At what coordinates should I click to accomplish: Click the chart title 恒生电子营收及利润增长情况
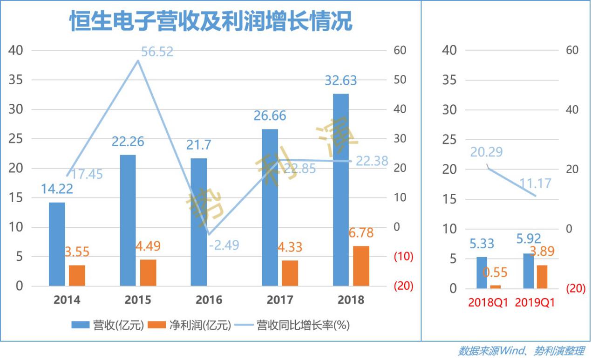coord(211,22)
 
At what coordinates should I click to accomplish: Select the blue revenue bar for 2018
coord(340,190)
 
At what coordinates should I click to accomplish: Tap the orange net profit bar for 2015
coord(148,272)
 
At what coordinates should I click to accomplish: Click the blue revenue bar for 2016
coord(199,222)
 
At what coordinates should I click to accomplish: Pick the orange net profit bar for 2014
coord(77,275)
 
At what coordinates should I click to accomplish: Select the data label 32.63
coord(341,81)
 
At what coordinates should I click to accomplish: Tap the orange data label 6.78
coord(361,232)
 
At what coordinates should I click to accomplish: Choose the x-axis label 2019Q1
coord(535,303)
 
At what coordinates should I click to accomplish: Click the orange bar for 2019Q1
coord(542,277)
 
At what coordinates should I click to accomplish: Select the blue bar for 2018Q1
coord(481,272)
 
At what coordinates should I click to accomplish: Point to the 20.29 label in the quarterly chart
coord(486,152)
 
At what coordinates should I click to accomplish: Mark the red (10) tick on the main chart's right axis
coord(403,257)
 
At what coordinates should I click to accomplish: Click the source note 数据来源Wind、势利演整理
coord(521,351)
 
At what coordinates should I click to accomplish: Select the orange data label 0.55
coord(495,272)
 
